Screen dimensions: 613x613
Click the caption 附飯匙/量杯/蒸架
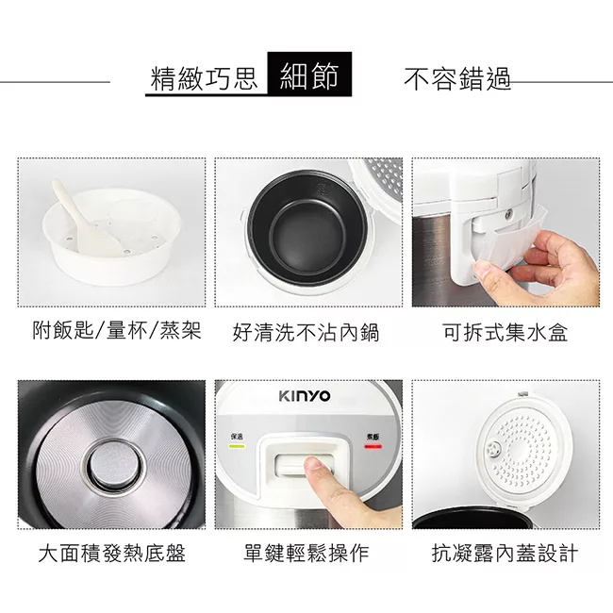(117, 331)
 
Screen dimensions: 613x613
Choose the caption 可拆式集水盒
(505, 332)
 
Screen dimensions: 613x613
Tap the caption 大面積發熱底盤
(111, 554)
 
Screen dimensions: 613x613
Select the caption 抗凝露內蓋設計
(505, 554)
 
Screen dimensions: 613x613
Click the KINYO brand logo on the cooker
(304, 397)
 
